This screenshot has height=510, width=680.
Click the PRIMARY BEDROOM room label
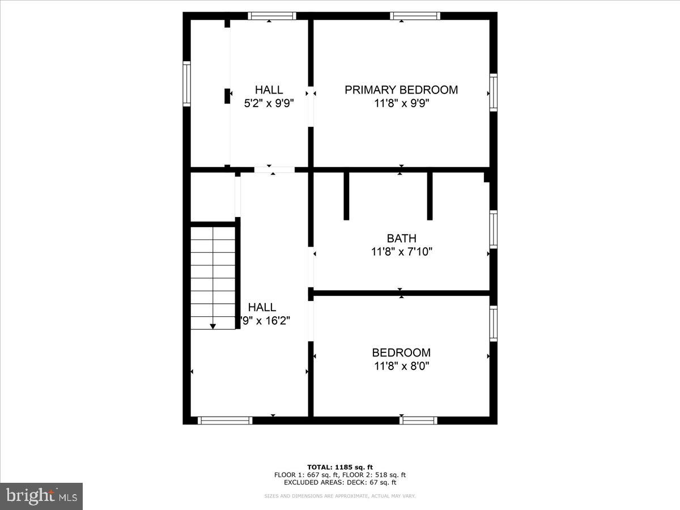click(401, 90)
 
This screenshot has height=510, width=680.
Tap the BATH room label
click(401, 238)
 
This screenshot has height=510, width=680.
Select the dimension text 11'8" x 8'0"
click(401, 366)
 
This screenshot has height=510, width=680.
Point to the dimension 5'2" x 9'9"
click(269, 103)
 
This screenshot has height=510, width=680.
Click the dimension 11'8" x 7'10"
click(401, 252)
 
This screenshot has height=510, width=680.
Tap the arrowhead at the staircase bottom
click(213, 326)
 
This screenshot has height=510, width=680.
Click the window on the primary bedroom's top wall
click(415, 16)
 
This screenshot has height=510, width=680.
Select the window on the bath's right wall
click(493, 229)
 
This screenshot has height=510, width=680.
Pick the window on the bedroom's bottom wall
click(418, 420)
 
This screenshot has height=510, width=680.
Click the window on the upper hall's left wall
click(186, 84)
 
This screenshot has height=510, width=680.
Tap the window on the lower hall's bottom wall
click(225, 420)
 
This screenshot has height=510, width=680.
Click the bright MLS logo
click(41, 496)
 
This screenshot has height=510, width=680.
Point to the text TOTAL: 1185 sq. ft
click(340, 467)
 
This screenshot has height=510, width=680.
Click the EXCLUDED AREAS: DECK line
click(340, 482)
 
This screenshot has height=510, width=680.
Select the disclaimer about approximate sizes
click(340, 496)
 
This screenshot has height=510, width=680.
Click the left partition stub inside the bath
click(346, 195)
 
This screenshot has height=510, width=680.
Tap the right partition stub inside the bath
click(430, 195)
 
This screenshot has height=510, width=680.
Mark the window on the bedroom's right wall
click(493, 323)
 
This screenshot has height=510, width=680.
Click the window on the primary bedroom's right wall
click(493, 92)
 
